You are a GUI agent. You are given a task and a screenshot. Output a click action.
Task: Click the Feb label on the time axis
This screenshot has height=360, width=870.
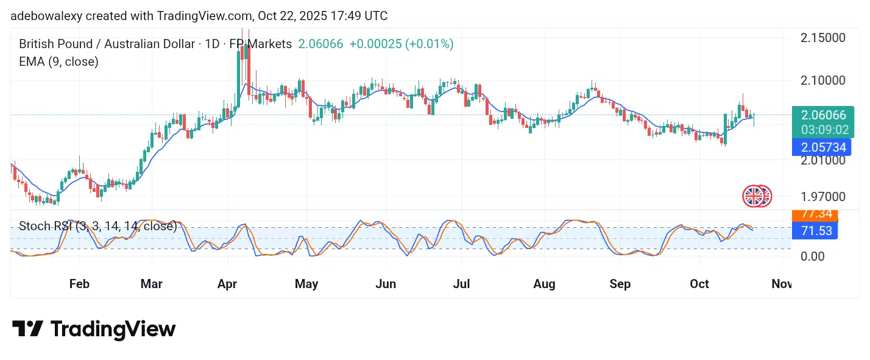(79, 284)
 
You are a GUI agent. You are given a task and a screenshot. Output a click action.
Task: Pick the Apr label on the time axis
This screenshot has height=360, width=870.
(227, 284)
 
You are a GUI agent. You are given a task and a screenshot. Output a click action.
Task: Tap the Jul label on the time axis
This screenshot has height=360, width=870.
(461, 284)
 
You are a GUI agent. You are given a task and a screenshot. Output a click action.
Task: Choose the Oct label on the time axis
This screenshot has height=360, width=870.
(699, 284)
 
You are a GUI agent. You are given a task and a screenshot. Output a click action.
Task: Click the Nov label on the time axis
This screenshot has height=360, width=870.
(782, 284)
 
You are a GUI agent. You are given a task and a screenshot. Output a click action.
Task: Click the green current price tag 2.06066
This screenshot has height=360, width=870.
(823, 115)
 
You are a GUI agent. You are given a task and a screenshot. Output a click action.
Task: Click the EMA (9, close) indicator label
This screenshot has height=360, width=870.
(58, 62)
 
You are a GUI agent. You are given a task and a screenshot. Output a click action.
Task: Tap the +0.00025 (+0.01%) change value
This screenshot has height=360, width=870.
(401, 44)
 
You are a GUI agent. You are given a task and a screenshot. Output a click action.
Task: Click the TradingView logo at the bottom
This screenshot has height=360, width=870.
(94, 330)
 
